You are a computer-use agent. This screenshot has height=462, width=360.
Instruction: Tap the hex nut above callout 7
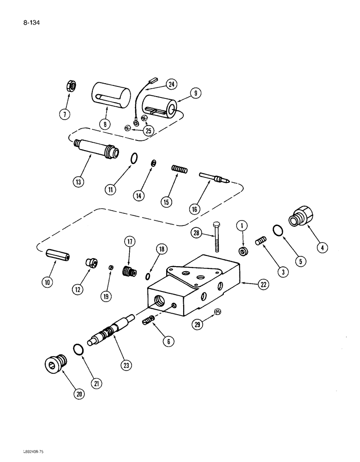pos(66,86)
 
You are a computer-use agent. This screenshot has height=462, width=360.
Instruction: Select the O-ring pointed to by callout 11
pos(133,158)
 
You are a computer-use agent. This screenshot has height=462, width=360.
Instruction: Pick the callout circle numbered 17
pos(129,242)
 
